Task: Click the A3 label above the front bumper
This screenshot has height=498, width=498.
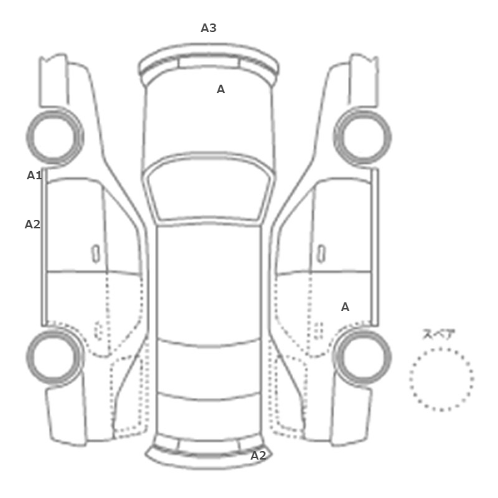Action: click(208, 28)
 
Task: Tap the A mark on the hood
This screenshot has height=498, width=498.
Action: click(221, 89)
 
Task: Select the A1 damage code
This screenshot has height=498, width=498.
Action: click(34, 175)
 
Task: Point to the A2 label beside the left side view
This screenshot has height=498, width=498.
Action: click(33, 224)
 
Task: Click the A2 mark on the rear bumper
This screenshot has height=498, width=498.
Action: click(258, 456)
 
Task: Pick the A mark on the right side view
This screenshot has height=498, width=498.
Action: click(345, 307)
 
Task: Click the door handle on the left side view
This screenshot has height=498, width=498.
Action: click(95, 254)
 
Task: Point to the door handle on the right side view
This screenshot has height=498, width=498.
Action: click(322, 254)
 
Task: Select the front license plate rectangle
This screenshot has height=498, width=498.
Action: click(208, 63)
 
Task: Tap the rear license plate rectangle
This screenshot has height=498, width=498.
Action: click(208, 447)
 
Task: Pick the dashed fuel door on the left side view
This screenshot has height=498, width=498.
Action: click(99, 331)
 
